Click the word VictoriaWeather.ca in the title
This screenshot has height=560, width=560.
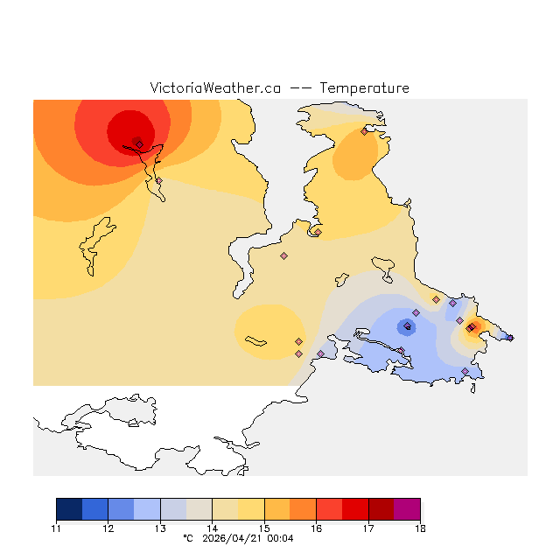(x=215, y=88)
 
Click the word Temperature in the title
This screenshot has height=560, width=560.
(x=364, y=88)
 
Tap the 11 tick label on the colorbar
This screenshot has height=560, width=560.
(x=56, y=528)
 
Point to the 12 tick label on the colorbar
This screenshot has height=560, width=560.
(x=108, y=528)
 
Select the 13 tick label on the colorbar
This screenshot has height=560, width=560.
(x=160, y=528)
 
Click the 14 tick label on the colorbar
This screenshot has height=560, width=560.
(x=212, y=528)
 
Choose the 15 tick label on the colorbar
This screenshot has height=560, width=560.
(x=264, y=528)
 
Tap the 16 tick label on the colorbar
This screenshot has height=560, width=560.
(x=316, y=528)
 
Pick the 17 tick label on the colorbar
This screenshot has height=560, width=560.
(x=368, y=528)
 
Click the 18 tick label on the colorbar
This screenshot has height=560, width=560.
(x=420, y=528)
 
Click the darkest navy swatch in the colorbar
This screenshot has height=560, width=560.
(x=69, y=509)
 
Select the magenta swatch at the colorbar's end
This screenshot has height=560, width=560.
(x=407, y=509)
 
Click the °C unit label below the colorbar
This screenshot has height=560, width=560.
(x=187, y=538)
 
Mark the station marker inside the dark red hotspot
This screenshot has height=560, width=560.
(x=139, y=144)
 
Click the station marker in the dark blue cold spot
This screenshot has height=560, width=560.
(x=407, y=326)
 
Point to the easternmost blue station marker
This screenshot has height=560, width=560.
(x=510, y=337)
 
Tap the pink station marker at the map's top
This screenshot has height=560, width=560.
(x=364, y=132)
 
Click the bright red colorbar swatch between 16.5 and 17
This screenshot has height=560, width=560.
(x=355, y=509)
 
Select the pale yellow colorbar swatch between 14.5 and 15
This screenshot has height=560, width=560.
(x=251, y=509)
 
